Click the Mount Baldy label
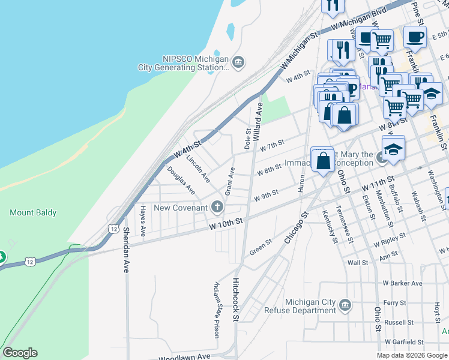[33, 212]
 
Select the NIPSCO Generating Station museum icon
[239, 61]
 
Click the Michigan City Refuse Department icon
[345, 306]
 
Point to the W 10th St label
[226, 223]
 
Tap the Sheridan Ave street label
[126, 250]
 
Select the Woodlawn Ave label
[185, 356]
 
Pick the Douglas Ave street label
[181, 181]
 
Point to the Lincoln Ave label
[197, 169]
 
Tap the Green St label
[261, 247]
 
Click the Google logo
[20, 353]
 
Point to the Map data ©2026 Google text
[412, 355]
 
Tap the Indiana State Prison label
[217, 310]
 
